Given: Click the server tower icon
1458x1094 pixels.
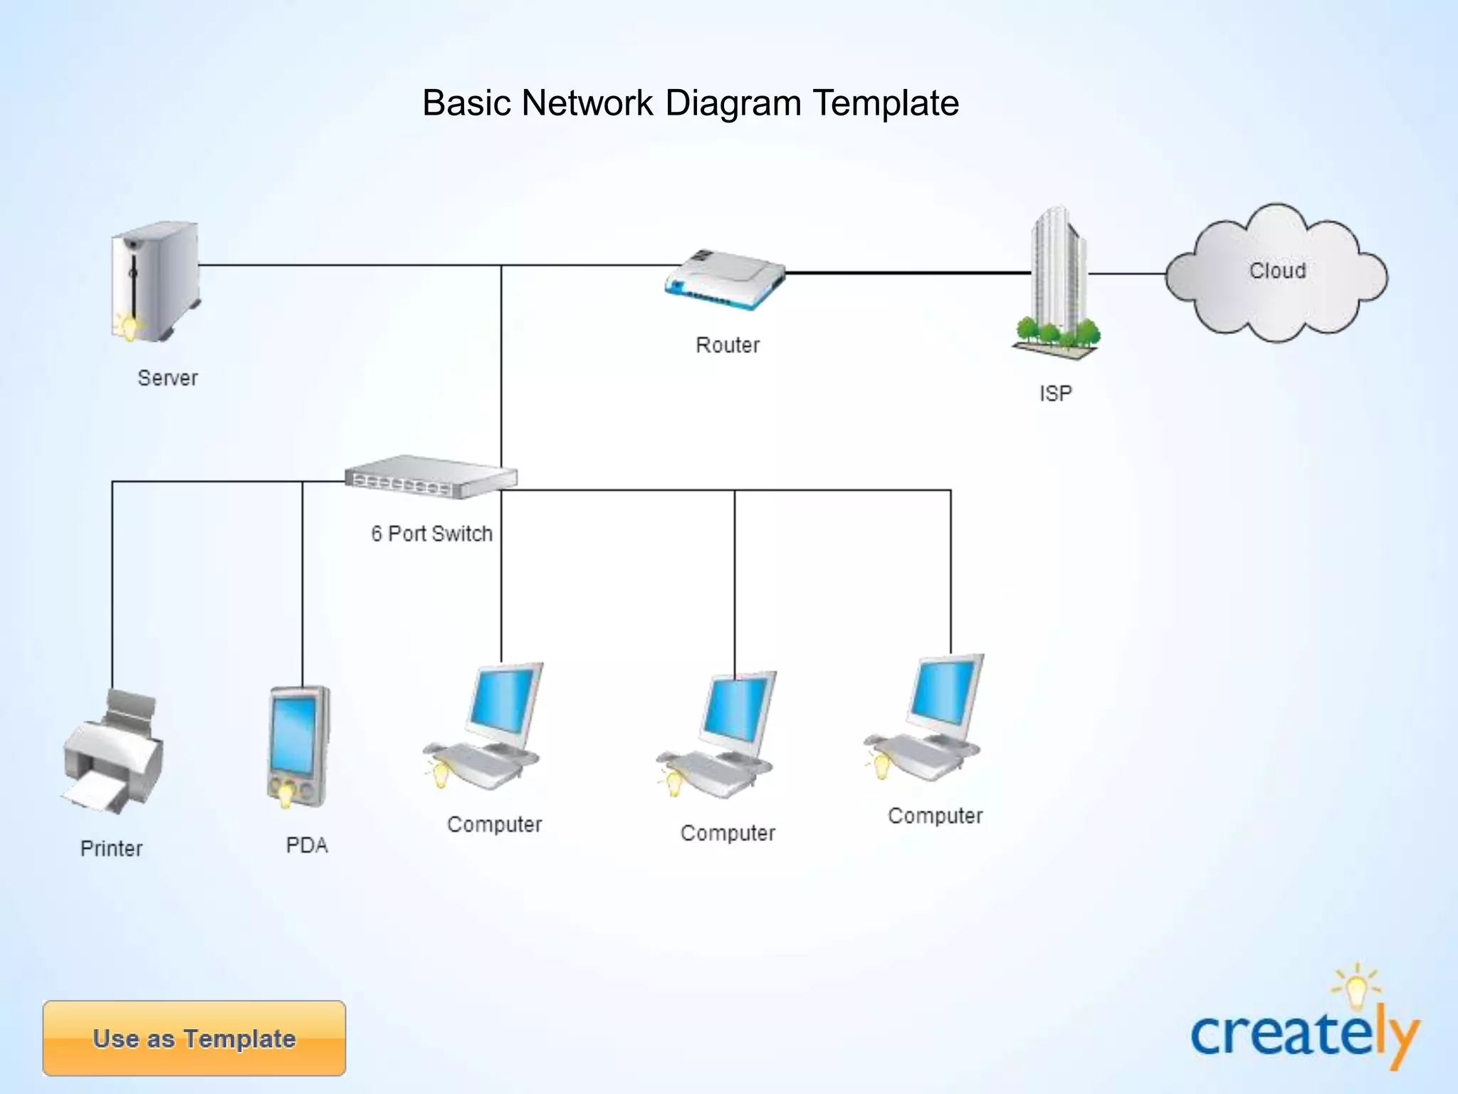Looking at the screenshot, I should point(155,281).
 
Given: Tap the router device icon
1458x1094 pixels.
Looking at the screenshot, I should point(725,280).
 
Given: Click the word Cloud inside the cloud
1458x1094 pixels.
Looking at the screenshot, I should point(1278,271).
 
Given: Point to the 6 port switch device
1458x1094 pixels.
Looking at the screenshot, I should point(431,477).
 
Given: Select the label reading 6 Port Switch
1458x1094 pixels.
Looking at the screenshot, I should point(431,533).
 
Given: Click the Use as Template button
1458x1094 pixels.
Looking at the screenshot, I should point(194,1038).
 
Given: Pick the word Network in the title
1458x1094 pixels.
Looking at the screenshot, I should point(587,103).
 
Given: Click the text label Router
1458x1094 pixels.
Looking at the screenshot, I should point(727,345).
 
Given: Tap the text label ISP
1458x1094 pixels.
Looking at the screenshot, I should point(1055,393).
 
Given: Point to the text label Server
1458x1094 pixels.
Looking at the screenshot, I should point(167,377).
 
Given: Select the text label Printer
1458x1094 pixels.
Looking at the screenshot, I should point(111,848).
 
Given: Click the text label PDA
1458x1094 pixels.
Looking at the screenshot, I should point(307,845).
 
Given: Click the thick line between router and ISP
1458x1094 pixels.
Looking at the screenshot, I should point(908,272).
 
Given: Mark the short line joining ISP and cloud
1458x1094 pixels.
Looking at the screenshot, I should point(1126,273).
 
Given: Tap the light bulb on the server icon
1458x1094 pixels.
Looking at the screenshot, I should point(129,328).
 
